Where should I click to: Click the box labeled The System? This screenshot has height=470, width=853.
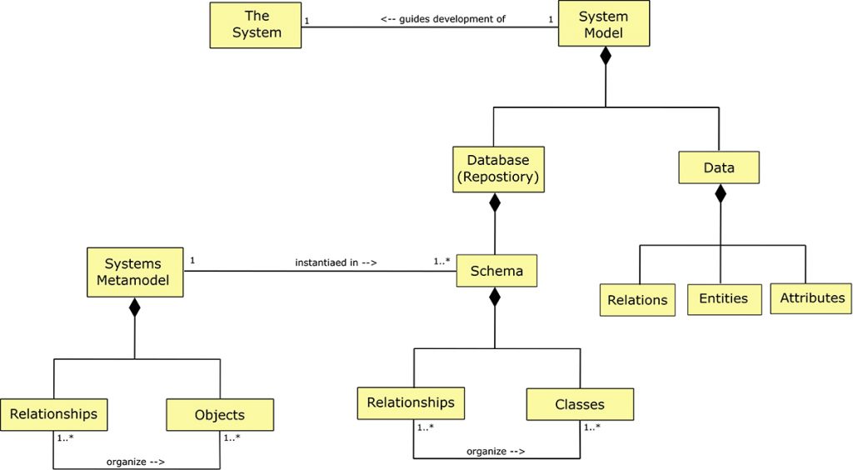(256, 25)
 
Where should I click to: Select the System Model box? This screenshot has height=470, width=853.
(604, 24)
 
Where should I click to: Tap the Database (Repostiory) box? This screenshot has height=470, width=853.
(498, 169)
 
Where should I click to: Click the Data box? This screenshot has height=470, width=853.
(719, 167)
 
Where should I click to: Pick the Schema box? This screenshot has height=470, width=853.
(496, 271)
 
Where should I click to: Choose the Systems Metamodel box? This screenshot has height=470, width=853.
(134, 272)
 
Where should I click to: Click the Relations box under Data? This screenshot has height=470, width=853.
(637, 300)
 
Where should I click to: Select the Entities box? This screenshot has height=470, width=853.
(724, 299)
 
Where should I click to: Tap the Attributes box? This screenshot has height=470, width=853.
(811, 298)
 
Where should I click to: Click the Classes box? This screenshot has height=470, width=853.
(580, 405)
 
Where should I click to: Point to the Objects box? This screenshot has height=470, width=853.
(220, 415)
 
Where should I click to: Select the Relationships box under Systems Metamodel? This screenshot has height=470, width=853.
(53, 414)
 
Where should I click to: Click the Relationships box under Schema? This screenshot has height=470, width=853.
(411, 403)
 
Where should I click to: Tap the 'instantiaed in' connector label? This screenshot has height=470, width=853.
(336, 262)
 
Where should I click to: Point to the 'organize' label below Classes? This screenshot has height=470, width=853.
(495, 451)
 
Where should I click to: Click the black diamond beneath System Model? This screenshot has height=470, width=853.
(606, 57)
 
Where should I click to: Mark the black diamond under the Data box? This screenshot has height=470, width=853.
(720, 194)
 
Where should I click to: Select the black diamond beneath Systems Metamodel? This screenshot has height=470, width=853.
(134, 307)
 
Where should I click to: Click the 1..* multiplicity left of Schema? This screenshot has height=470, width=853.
(441, 262)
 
